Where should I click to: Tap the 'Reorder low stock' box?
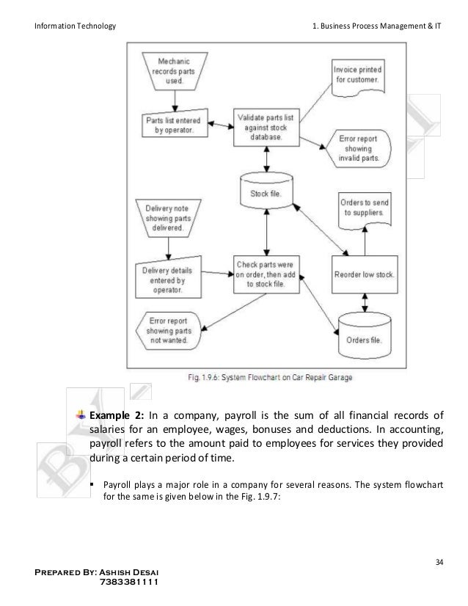(365, 275)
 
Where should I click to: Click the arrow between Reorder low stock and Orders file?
(364, 302)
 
